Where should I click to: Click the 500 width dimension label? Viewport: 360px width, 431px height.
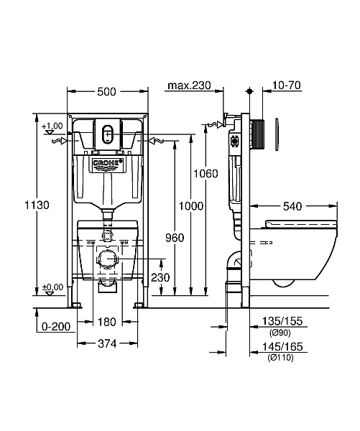107,92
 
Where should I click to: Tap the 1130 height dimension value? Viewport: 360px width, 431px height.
37,205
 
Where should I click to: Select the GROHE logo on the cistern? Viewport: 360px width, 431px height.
108,162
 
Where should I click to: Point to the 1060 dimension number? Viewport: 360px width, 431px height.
206,174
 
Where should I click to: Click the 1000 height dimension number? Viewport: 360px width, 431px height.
191,206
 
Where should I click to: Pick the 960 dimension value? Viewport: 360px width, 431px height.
175,238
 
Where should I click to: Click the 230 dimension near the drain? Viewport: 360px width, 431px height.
160,277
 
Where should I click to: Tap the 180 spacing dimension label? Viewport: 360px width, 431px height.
107,322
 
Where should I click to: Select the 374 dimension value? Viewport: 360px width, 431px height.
107,343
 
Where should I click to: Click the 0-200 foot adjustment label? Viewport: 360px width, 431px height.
56,327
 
